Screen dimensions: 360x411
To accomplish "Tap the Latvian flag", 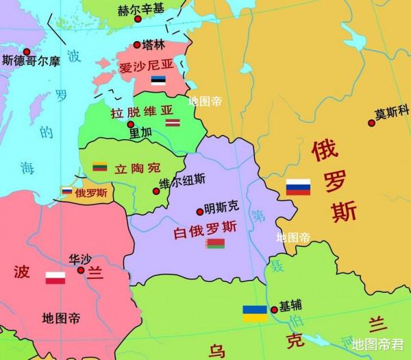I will (x=171, y=122).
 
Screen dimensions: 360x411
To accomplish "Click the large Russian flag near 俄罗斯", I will (x=299, y=187).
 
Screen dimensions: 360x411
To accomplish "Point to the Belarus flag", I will (x=215, y=244).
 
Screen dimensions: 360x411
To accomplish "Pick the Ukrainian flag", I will (x=256, y=313).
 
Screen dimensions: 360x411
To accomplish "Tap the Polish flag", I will (x=55, y=278).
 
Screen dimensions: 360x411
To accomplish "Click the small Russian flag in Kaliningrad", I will (x=67, y=191).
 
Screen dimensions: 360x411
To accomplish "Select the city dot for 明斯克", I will (x=199, y=211).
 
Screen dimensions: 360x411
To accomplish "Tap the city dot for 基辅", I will (x=274, y=308).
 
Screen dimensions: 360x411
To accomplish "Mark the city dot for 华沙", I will (x=81, y=270).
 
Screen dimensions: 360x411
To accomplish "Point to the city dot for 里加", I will (x=130, y=124).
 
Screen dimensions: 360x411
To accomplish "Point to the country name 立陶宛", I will (x=137, y=167).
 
